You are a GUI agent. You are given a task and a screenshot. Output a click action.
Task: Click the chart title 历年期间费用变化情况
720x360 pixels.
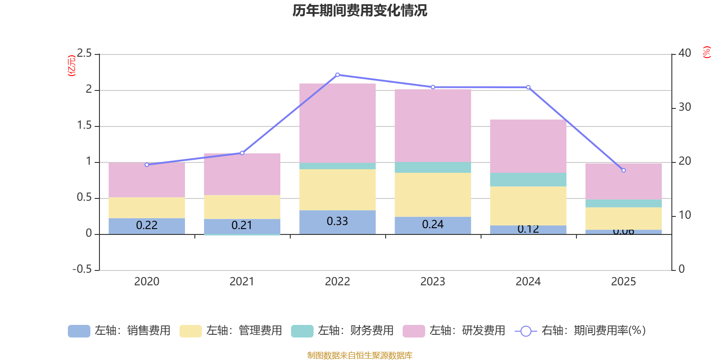point(360,10)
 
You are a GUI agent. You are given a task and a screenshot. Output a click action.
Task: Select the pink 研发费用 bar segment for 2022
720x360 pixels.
point(337,123)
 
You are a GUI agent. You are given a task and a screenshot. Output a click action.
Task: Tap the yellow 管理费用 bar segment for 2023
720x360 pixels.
point(433,194)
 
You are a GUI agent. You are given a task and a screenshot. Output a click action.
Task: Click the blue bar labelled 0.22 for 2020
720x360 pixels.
point(147,225)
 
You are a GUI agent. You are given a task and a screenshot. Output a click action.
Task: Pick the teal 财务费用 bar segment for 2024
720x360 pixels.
point(528,180)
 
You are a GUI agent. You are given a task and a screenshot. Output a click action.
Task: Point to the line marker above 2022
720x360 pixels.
point(337,75)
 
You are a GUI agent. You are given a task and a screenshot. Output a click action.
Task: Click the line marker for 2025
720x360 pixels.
point(623,171)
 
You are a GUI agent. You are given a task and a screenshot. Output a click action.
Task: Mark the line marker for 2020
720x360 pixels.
point(147,165)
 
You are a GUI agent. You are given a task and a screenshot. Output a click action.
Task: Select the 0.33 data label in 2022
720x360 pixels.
point(337,221)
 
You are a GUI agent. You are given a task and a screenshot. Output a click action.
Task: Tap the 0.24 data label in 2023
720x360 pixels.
point(433,225)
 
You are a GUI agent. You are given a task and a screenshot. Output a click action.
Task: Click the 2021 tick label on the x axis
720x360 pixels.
point(242,282)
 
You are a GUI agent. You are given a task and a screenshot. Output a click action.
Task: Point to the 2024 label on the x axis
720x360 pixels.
point(528,282)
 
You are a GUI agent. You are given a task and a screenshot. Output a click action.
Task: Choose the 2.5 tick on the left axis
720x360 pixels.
point(84,54)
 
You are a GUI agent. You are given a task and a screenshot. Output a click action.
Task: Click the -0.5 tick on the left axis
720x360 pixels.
point(82,270)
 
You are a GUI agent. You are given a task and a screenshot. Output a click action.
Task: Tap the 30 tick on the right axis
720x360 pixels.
point(684,108)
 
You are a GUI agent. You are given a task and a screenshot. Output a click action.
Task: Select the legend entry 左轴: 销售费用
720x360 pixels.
point(119,331)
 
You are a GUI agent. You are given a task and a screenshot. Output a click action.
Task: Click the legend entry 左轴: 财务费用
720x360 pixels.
point(342,331)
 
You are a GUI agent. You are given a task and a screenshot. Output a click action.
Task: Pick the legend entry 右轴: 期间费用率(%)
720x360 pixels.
point(580,331)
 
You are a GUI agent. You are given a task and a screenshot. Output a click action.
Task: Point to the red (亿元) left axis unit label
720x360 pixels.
point(71,66)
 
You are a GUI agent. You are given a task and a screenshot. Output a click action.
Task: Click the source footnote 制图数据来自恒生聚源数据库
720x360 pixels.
point(360,355)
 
